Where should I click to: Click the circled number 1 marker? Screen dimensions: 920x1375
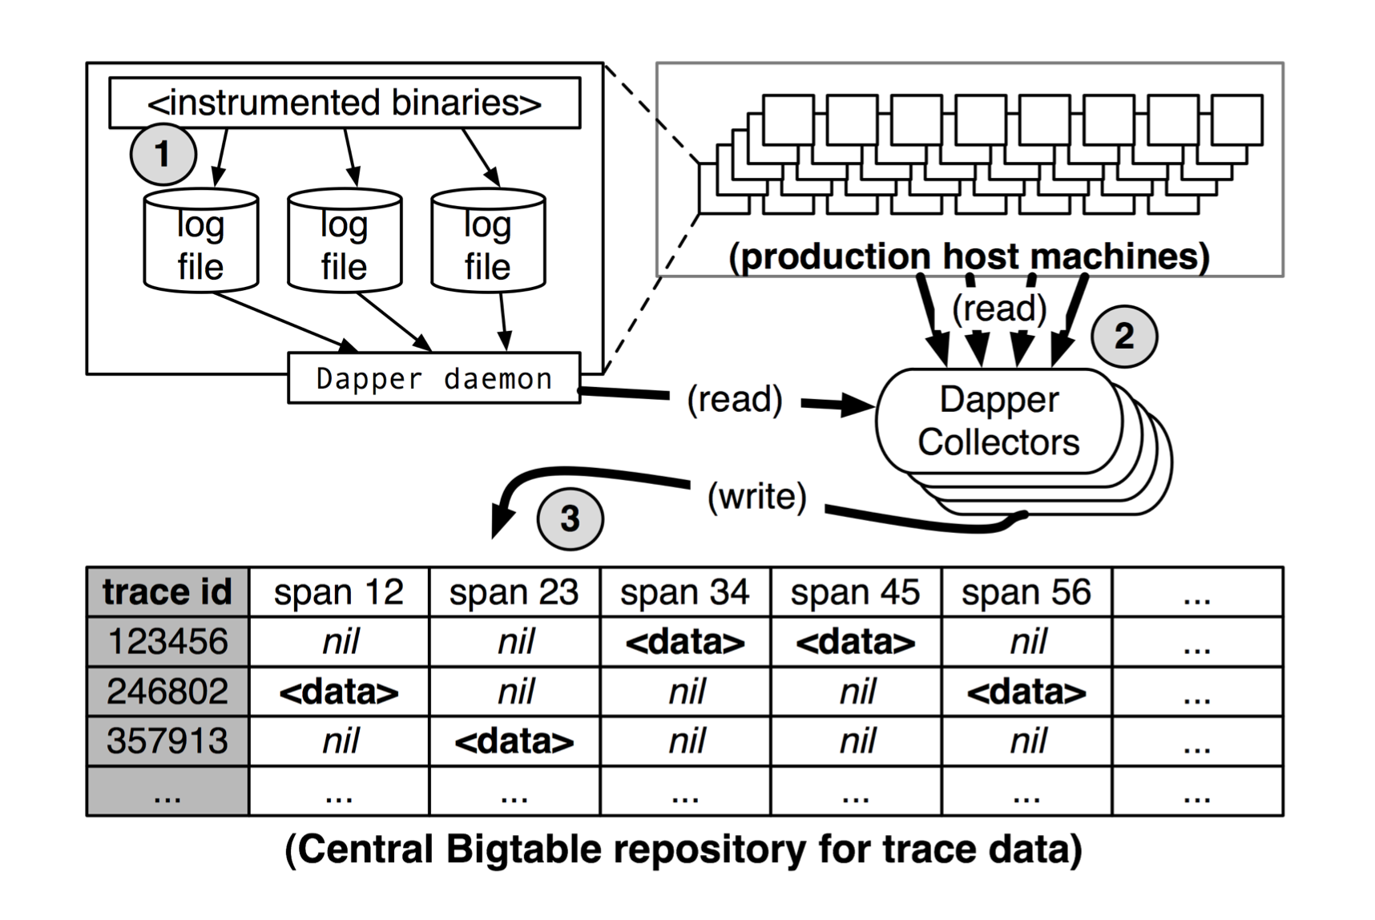[163, 154]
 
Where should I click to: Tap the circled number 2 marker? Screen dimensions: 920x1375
[1123, 337]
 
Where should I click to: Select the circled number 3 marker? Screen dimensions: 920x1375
[570, 519]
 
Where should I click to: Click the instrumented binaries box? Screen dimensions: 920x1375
[345, 103]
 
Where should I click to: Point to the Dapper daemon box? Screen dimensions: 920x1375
[433, 378]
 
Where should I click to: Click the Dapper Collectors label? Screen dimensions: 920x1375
[998, 422]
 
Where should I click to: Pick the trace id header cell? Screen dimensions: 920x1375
[167, 592]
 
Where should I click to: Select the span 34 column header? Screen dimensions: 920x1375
[684, 592]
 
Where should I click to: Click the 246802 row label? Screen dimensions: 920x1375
[167, 692]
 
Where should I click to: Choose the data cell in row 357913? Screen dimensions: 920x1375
[514, 741]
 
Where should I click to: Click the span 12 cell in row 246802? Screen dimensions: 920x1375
[338, 692]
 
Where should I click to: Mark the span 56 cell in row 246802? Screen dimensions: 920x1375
[1026, 692]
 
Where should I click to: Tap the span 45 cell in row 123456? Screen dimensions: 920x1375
[855, 642]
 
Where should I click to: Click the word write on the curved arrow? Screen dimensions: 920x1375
[756, 497]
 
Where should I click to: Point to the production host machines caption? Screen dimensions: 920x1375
[969, 257]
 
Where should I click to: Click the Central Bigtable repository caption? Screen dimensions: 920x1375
[683, 849]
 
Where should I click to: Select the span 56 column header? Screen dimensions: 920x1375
[1026, 592]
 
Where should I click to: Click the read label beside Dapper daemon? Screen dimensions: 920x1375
[735, 399]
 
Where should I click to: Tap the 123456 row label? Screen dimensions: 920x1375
[167, 642]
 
